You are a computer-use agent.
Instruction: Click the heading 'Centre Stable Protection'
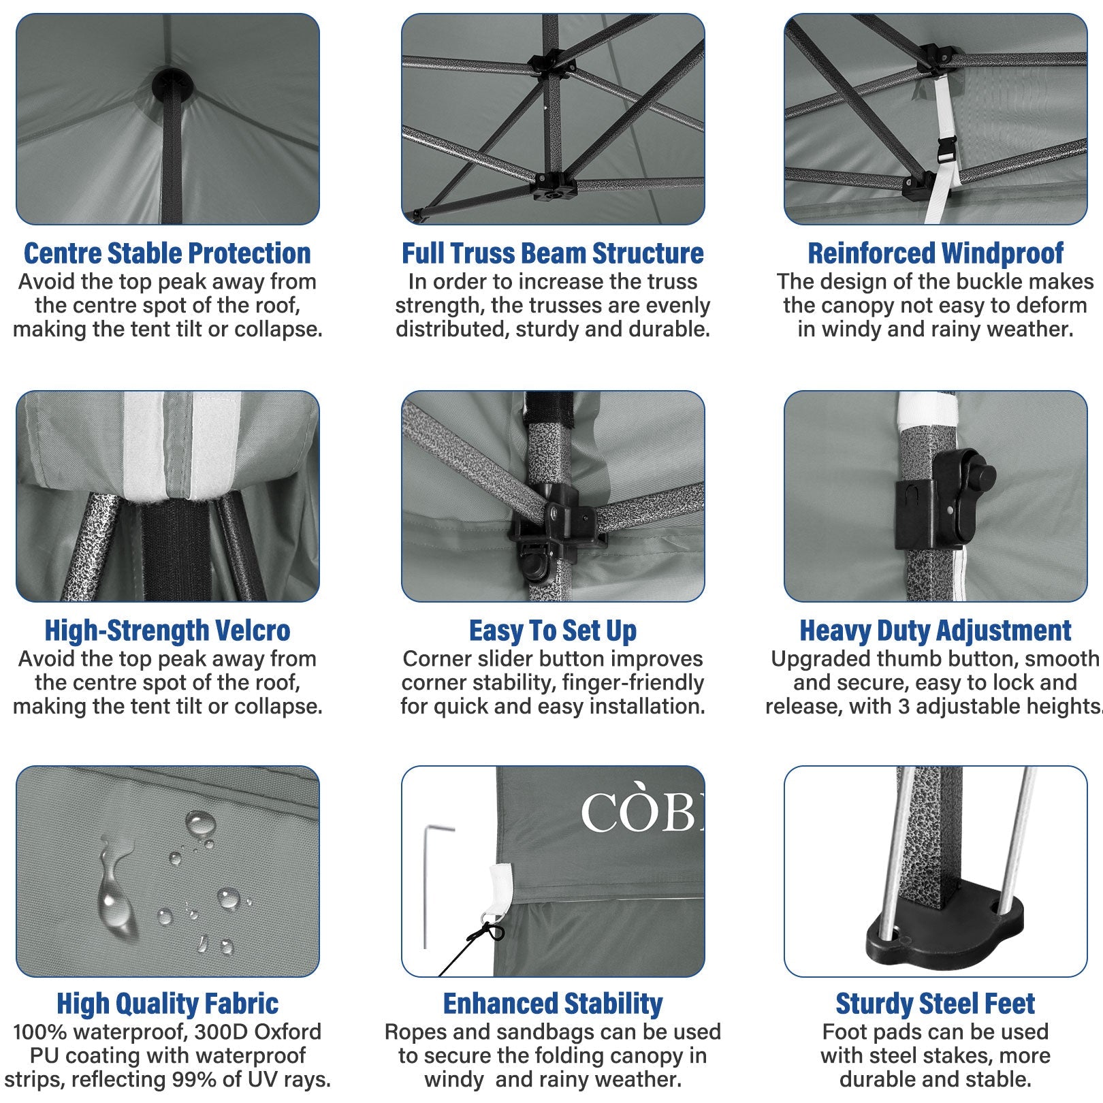[167, 253]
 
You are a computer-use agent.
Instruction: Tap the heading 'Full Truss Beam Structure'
[553, 253]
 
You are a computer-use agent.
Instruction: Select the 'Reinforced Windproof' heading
[936, 253]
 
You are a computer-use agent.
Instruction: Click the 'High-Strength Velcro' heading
[167, 630]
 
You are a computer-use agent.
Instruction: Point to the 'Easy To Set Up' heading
[553, 631]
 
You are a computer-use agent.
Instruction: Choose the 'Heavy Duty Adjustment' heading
[936, 631]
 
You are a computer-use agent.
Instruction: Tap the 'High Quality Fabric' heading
[167, 1004]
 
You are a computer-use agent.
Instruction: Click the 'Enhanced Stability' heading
[553, 1004]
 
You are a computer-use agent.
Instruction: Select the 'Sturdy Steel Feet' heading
[936, 1004]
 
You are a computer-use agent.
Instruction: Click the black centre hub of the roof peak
[172, 84]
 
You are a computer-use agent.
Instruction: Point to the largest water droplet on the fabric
[114, 892]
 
